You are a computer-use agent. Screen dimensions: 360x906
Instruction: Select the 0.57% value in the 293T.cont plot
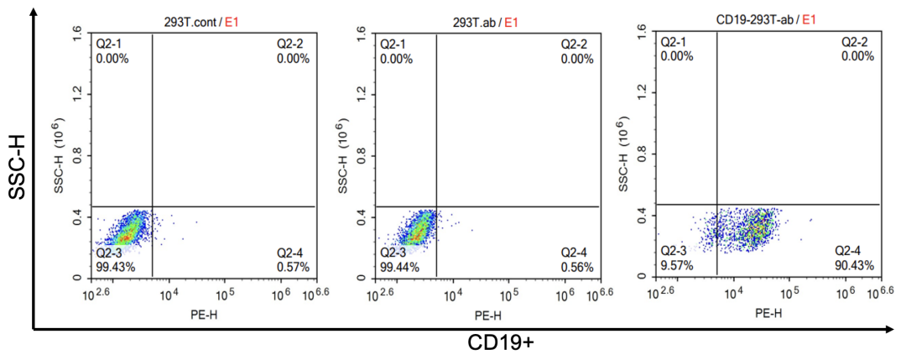294,267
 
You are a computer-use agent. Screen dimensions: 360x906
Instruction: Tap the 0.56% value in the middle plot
577,267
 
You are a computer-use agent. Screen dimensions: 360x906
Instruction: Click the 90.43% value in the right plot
855,265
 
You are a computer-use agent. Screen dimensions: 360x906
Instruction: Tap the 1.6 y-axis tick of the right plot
642,33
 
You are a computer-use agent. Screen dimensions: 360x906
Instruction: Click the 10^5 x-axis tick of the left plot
226,295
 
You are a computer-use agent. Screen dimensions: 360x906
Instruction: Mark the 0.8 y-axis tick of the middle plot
362,154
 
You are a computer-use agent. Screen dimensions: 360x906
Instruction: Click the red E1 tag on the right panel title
811,19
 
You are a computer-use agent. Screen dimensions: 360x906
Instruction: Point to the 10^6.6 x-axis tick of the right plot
880,293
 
